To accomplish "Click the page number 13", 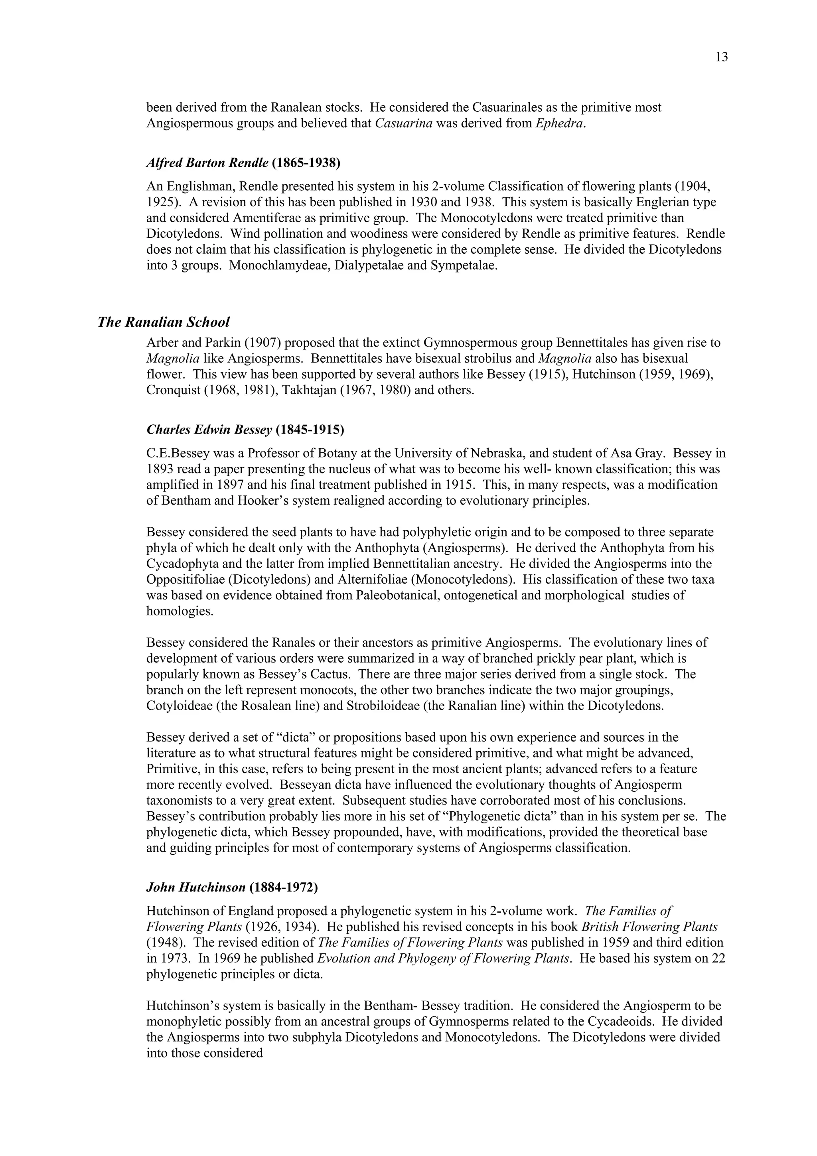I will click(x=721, y=57).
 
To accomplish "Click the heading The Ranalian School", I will click(x=164, y=322).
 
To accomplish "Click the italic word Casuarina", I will click(x=404, y=123).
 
